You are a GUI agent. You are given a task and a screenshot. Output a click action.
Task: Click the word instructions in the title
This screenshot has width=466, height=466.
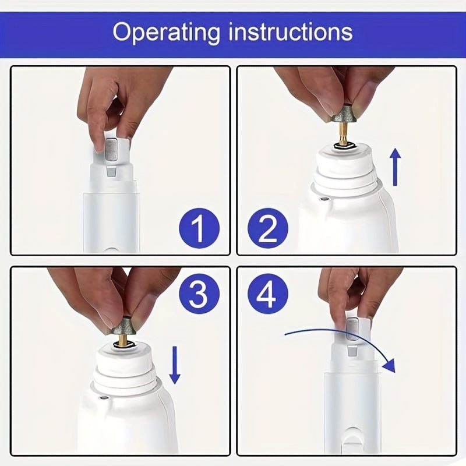coord(290,31)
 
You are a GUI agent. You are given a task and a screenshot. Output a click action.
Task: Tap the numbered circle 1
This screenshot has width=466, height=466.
coord(199,228)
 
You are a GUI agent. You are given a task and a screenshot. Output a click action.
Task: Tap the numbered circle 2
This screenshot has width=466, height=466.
coord(268,228)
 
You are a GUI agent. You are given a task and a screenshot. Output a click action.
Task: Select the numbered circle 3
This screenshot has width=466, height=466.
coord(199,294)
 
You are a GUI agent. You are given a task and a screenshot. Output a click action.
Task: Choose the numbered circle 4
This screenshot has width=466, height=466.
coord(268,294)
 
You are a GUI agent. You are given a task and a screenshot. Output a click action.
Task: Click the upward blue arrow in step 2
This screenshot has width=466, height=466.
coord(396,167)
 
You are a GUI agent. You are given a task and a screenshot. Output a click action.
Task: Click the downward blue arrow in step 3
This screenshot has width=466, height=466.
coord(175,365)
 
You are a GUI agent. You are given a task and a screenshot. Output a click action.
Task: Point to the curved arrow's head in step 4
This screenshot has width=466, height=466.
coord(389,366)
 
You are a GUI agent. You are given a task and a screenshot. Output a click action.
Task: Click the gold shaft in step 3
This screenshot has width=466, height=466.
coord(122,340)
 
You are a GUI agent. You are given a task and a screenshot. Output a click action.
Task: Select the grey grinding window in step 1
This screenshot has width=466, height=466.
coord(112,150)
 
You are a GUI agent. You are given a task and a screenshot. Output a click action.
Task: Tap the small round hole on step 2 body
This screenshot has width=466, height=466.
coord(324,198)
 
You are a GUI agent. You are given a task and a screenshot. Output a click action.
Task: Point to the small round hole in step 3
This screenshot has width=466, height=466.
coord(104,397)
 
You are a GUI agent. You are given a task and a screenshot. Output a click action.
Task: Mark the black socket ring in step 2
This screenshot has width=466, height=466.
coord(344,146)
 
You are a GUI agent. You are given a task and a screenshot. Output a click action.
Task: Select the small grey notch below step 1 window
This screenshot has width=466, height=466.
coord(111,172)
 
